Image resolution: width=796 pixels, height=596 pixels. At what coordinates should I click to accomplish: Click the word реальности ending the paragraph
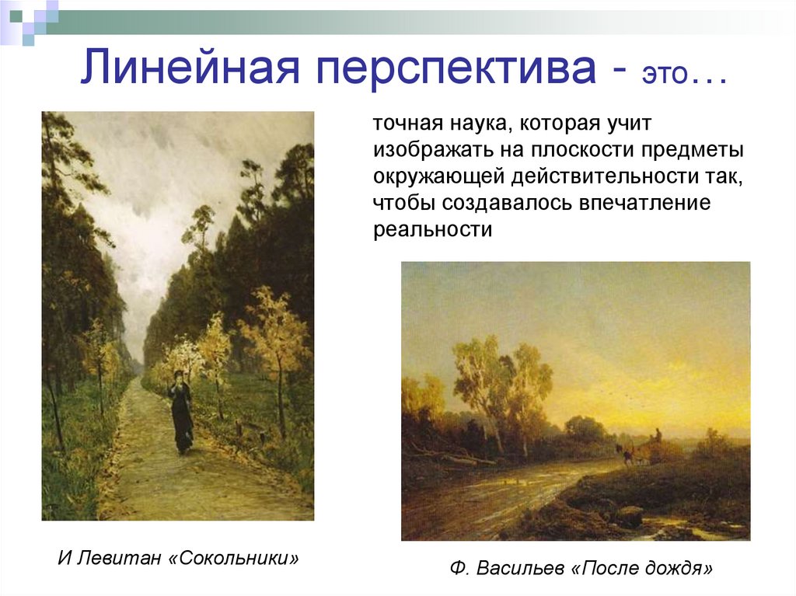(432, 231)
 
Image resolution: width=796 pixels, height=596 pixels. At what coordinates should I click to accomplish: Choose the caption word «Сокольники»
(234, 558)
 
